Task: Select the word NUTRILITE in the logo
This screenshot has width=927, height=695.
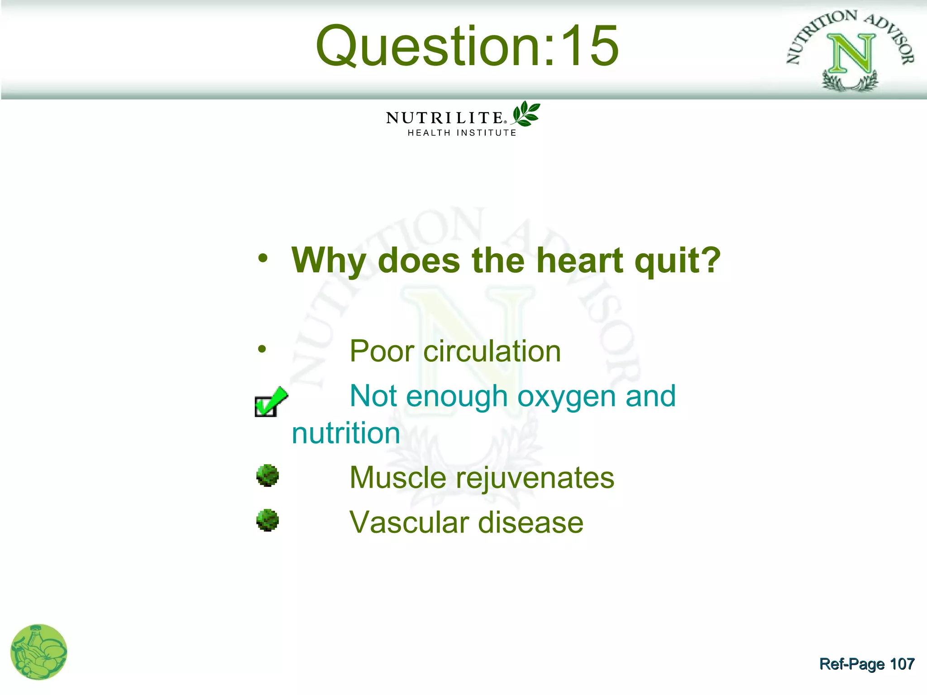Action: click(444, 118)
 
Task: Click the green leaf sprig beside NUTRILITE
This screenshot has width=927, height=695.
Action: click(526, 114)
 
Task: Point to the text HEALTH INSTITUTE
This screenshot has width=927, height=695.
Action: click(462, 133)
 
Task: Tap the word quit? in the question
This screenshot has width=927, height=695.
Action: click(677, 261)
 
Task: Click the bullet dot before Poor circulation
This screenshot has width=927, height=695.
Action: click(262, 349)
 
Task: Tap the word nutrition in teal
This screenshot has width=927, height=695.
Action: click(346, 433)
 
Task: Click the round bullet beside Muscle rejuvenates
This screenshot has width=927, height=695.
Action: click(268, 476)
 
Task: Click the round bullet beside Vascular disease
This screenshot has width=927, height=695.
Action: click(268, 520)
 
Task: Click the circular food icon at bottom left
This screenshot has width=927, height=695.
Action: click(39, 652)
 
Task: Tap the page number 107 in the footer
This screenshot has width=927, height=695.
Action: click(902, 664)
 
